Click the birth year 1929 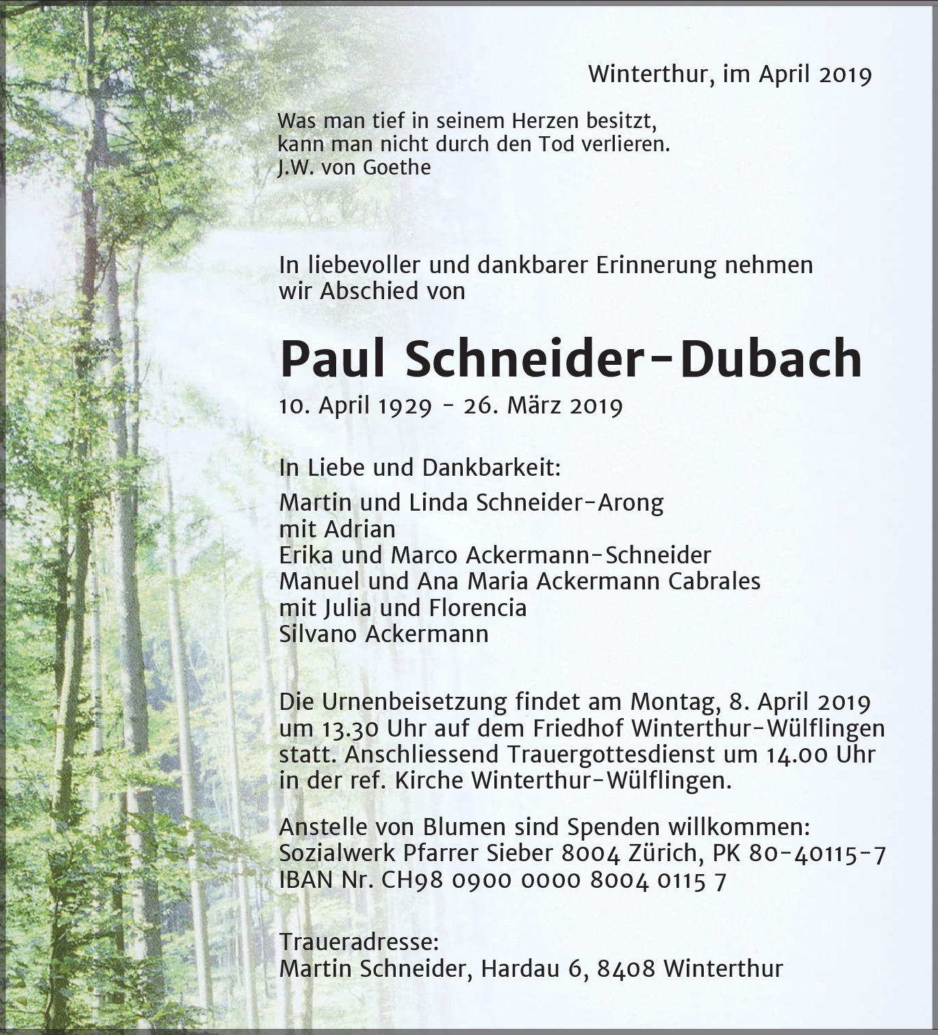[405, 406]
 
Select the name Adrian [360, 529]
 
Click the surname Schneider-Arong [570, 503]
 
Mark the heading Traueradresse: [359, 943]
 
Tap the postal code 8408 [626, 969]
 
